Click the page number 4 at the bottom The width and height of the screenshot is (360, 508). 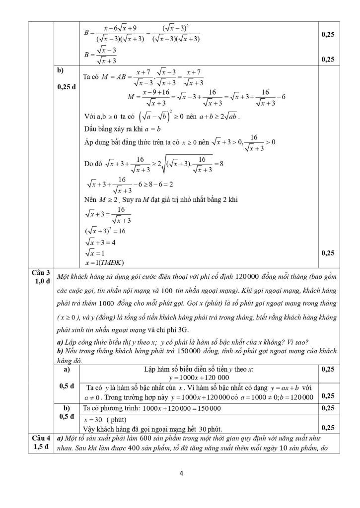pyautogui.click(x=181, y=473)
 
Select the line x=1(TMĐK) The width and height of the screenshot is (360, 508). pyautogui.click(x=104, y=262)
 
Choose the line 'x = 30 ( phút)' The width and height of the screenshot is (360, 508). pyautogui.click(x=106, y=419)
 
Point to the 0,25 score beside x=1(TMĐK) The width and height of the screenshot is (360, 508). pyautogui.click(x=328, y=253)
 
